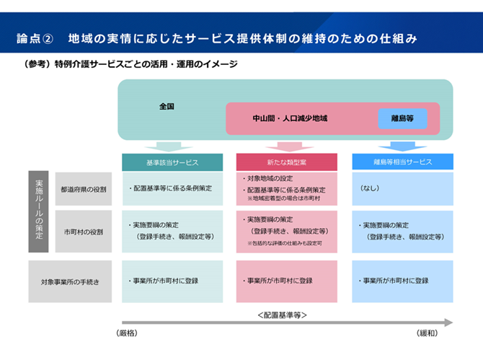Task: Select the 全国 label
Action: click(167, 106)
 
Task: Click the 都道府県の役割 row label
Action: click(84, 189)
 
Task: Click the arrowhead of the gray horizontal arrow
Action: click(448, 322)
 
